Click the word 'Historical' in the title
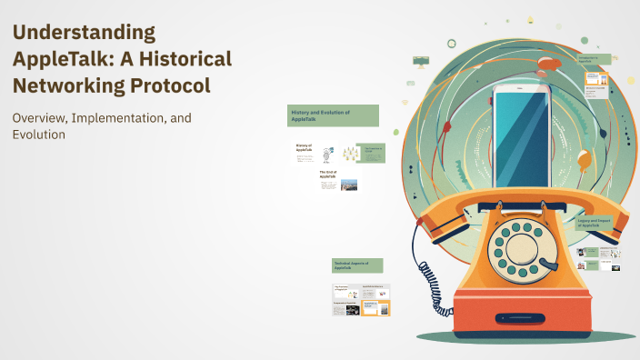pyautogui.click(x=179, y=59)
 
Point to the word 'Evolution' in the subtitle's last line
pyautogui.click(x=39, y=135)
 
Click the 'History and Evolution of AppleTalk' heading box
pyautogui.click(x=333, y=115)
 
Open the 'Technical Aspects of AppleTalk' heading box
pyautogui.click(x=357, y=265)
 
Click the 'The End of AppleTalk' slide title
pyautogui.click(x=328, y=175)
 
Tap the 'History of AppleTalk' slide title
pyautogui.click(x=304, y=147)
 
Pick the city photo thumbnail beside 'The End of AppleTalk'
pyautogui.click(x=349, y=184)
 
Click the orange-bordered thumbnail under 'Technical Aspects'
pyautogui.click(x=376, y=307)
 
